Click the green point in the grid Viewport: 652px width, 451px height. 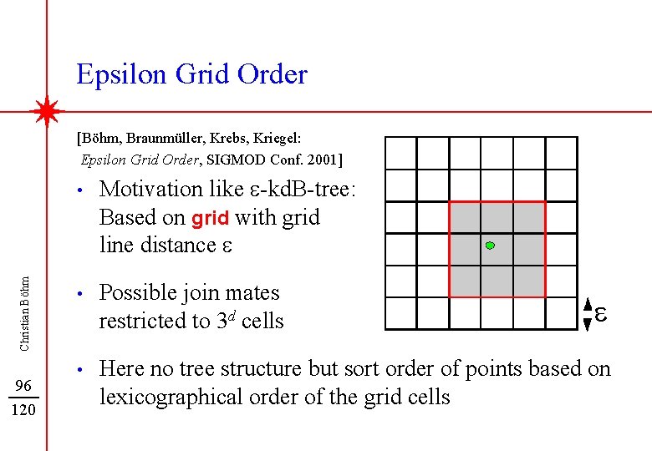point(491,246)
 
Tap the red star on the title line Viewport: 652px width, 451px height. point(48,111)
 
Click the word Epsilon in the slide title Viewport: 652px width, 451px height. point(122,75)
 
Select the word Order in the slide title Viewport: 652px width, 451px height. point(273,74)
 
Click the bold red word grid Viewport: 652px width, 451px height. point(211,219)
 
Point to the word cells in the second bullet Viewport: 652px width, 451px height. point(262,322)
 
